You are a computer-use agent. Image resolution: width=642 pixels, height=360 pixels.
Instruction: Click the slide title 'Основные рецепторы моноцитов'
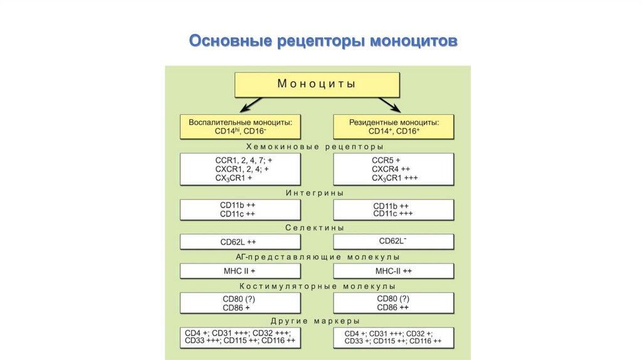(323, 41)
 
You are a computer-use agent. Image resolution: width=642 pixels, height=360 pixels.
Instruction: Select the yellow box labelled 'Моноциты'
(317, 85)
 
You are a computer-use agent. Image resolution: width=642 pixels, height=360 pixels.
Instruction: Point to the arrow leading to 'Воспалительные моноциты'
(251, 105)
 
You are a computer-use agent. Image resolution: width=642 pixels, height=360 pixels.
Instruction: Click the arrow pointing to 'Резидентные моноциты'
(390, 105)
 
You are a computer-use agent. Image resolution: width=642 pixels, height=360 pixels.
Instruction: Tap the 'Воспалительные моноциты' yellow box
(240, 127)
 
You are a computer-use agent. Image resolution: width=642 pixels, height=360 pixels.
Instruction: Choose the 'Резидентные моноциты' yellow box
(394, 127)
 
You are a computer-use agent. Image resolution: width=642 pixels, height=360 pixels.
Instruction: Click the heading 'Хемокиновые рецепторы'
(315, 147)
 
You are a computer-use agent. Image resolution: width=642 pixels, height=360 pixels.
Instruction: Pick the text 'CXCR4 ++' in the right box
(391, 169)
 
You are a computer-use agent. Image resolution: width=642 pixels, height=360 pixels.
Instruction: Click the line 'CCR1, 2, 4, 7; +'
(244, 160)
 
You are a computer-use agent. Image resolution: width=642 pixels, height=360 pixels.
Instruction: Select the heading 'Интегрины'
(315, 193)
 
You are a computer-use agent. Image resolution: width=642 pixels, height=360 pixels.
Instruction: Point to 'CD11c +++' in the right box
(393, 214)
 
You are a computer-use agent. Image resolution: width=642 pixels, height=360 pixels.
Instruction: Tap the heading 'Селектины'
(315, 228)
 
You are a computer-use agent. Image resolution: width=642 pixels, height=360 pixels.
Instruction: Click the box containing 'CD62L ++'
(240, 241)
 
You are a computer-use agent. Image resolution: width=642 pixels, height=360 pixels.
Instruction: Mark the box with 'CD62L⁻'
(394, 241)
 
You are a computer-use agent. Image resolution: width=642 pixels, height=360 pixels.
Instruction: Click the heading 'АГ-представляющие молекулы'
(317, 257)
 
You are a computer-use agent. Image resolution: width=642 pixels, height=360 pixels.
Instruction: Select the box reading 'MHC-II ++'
(394, 271)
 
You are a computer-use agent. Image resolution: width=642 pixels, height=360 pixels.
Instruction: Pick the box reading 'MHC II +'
(240, 271)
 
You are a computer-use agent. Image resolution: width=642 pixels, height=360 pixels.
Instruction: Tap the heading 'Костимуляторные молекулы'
(317, 286)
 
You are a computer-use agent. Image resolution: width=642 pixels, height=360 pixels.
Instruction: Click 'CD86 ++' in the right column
(392, 307)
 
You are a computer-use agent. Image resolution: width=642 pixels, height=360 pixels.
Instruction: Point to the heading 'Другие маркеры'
(315, 321)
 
